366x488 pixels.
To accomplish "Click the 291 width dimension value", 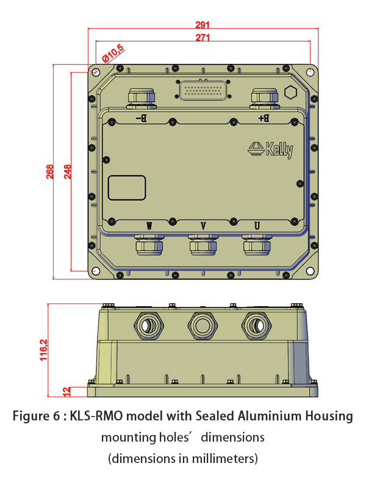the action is (203, 24).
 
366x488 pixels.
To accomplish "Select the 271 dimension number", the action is (203, 37).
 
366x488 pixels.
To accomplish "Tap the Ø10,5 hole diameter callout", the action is (113, 54).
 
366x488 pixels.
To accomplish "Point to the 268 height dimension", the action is (50, 171).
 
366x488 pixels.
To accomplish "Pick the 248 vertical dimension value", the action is (68, 171).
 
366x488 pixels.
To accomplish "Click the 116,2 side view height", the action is (43, 350).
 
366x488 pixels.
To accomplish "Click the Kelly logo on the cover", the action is (270, 150).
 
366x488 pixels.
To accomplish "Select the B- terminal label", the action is (142, 118).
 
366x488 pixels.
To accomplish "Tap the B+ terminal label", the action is (264, 118).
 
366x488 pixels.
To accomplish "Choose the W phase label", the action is (149, 226).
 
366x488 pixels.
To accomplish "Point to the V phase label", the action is (203, 226).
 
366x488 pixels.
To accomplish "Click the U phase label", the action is (257, 226).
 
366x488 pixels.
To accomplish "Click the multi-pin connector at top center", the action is (203, 90).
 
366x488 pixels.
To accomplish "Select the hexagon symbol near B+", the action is (291, 92).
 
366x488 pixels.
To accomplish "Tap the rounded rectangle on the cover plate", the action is (127, 188).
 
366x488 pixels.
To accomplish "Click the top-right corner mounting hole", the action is (310, 72).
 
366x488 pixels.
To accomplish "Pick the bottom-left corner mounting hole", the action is (96, 271).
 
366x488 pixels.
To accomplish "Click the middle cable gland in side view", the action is (203, 326).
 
